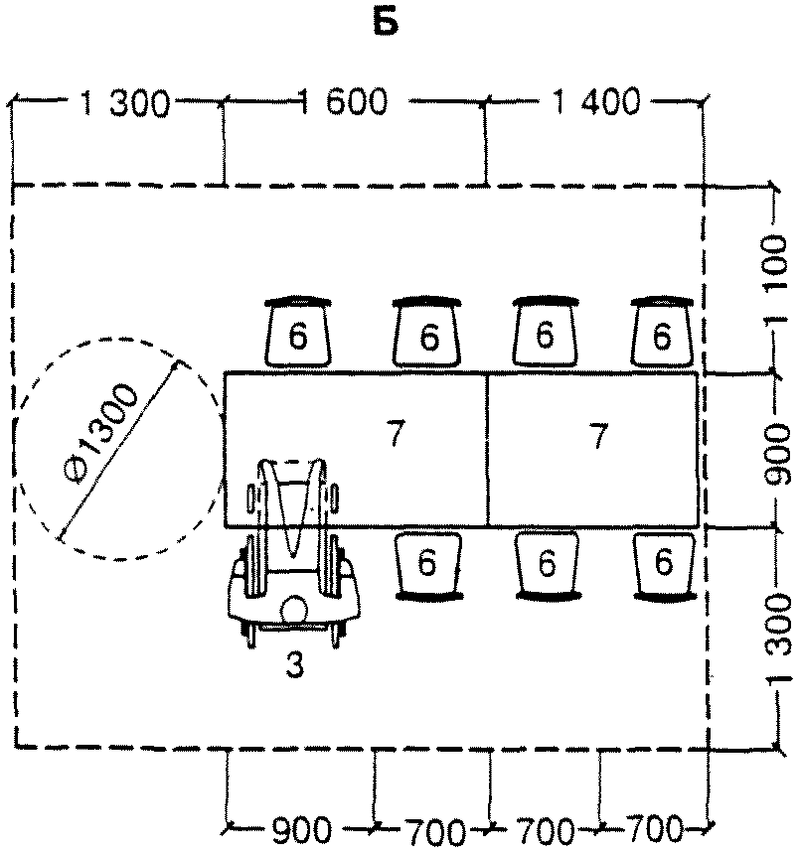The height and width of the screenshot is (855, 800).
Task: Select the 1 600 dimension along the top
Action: (342, 102)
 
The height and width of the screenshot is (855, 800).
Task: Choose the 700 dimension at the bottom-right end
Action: (653, 828)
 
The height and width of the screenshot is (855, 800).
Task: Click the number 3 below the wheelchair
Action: (294, 666)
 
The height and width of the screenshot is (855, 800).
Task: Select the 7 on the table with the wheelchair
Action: (396, 434)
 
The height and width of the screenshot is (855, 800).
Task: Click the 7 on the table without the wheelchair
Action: (597, 434)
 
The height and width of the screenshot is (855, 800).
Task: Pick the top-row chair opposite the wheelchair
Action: (298, 333)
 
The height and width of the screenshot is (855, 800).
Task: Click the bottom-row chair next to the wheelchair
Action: (427, 563)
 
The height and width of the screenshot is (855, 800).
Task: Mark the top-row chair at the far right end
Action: (661, 333)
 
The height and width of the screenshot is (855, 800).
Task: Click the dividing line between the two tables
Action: (487, 450)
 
